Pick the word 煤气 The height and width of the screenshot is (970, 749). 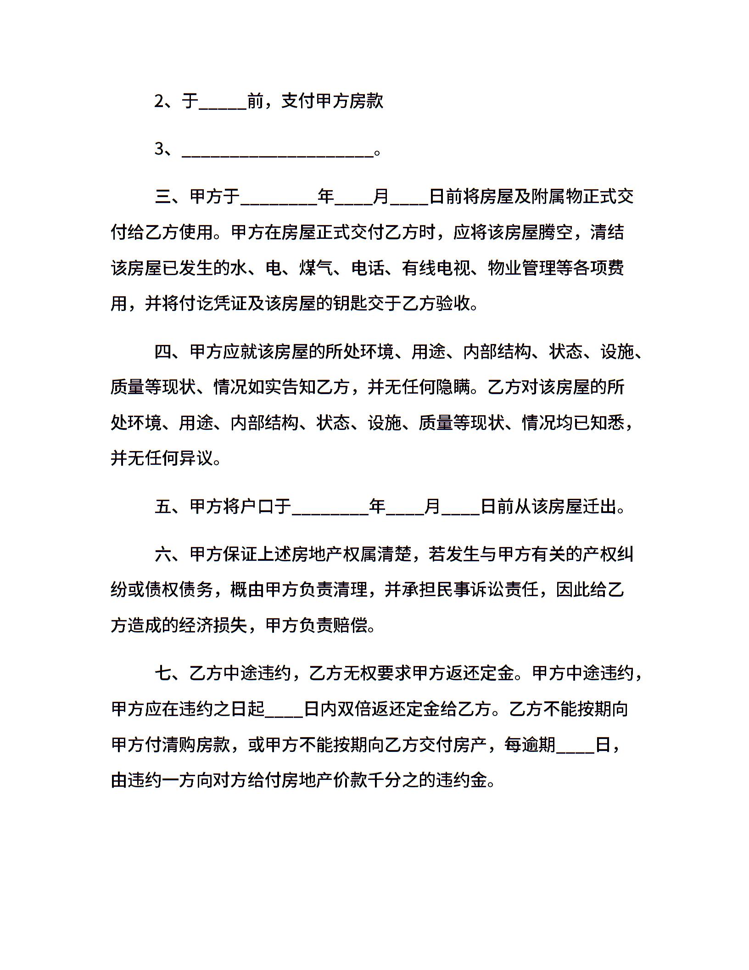[x=316, y=268]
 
